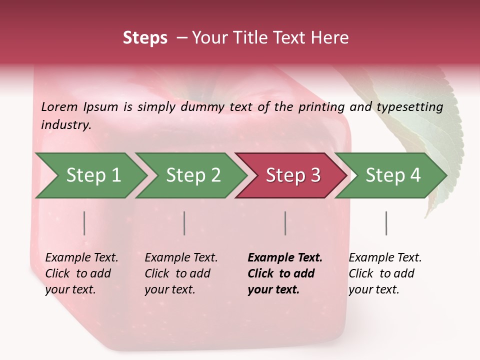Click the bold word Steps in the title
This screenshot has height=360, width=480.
(145, 38)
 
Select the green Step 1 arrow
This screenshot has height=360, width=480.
(90, 175)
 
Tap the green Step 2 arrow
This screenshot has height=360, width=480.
(191, 175)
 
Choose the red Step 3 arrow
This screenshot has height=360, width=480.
(291, 175)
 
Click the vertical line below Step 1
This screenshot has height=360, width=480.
(84, 223)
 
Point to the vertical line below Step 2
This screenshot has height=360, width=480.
(184, 223)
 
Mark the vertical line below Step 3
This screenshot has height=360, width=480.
(285, 223)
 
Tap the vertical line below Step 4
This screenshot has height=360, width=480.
(386, 223)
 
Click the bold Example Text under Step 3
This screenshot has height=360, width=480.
(285, 258)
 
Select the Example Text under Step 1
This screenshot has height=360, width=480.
(81, 258)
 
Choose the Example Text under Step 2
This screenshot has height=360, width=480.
(181, 258)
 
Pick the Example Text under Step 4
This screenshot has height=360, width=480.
(385, 258)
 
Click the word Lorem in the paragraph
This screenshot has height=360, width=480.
(59, 106)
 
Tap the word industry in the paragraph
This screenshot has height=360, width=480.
(65, 124)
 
